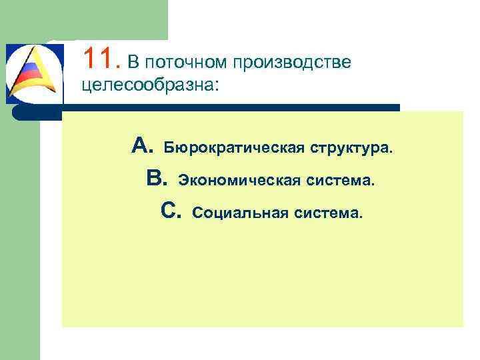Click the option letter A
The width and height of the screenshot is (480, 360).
coord(143,145)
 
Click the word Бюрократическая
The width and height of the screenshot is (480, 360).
coord(233,147)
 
